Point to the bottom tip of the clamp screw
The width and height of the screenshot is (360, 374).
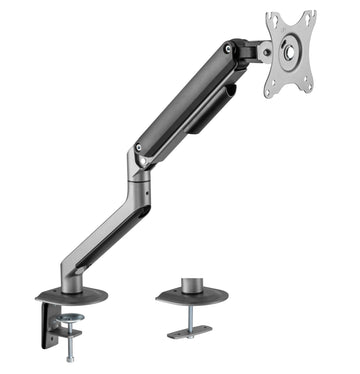[x=71, y=358]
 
